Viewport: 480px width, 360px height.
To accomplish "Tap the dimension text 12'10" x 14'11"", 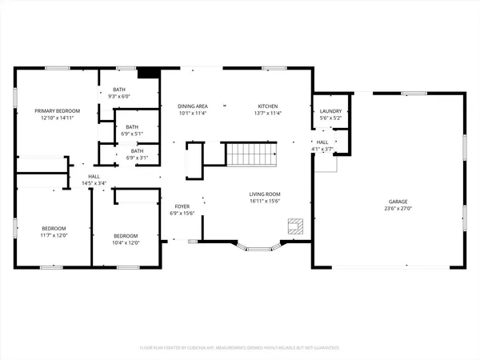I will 52,118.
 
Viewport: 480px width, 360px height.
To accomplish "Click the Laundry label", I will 330,111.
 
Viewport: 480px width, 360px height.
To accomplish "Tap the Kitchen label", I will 266,106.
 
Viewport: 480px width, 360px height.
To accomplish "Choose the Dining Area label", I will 193,106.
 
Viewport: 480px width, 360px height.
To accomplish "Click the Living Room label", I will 264,194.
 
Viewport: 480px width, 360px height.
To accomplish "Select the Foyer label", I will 182,206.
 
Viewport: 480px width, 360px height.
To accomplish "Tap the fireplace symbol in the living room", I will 296,226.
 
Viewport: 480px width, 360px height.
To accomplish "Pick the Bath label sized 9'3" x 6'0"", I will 118,90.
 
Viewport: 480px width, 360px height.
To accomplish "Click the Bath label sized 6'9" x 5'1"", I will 132,126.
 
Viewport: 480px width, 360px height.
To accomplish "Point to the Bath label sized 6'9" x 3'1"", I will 137,150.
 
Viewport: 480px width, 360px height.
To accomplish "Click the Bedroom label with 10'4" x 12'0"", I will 126,236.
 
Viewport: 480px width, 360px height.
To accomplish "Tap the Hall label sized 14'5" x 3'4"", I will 94,176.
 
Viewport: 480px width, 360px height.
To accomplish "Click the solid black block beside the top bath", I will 148,73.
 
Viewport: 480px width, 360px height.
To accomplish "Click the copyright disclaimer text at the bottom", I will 239,348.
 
